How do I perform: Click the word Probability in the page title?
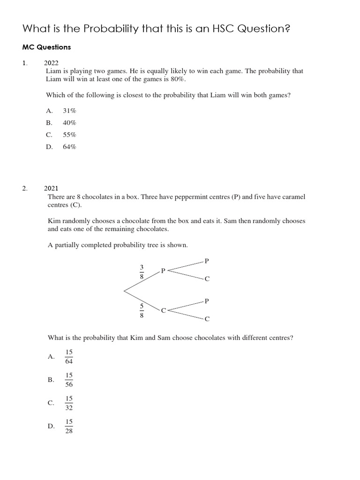pos(111,29)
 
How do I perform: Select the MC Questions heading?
pos(47,47)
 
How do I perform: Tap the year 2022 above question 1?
pos(52,63)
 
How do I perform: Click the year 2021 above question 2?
pos(52,188)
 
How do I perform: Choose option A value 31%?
pos(69,111)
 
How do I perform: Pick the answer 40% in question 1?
pos(69,123)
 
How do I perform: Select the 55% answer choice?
pos(69,135)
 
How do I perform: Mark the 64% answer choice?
pos(69,147)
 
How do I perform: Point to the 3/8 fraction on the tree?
pos(142,272)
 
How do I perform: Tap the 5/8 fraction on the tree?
pos(142,311)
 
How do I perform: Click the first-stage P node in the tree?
pos(163,270)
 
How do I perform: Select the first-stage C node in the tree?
pos(163,311)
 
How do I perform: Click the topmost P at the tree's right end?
pos(207,260)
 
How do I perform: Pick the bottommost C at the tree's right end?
pos(207,319)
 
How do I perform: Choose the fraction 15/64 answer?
pos(69,356)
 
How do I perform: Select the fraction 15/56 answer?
pos(69,380)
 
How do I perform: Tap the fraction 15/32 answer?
pos(69,403)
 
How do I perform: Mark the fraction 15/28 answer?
pos(69,427)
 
